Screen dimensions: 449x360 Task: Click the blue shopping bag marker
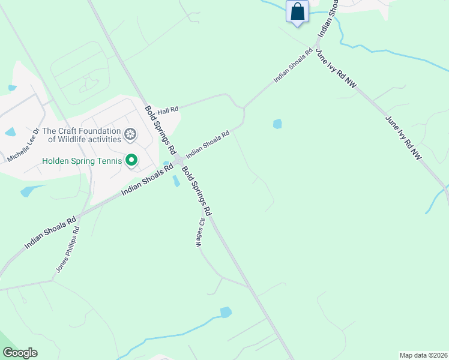pos(297,11)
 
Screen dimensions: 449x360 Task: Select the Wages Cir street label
pos(200,232)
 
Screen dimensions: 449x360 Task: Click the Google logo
pos(20,353)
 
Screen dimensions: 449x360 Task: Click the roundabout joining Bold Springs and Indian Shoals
pos(179,161)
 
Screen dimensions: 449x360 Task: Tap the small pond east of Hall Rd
pos(277,124)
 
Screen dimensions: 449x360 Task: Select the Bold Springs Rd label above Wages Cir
pos(197,191)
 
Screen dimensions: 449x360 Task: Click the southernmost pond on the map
pos(226,312)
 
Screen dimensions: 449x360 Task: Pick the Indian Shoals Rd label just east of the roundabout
pos(208,145)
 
